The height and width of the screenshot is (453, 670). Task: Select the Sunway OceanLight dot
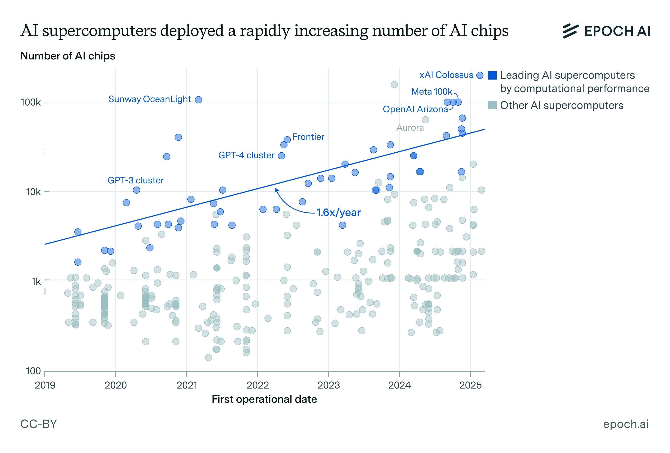tap(198, 100)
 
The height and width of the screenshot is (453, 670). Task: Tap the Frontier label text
tap(308, 137)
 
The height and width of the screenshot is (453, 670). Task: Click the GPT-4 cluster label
tap(246, 155)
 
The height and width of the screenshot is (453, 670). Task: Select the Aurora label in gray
tap(410, 128)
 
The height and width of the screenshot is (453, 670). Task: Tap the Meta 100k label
tap(432, 92)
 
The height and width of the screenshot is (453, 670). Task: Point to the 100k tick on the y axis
tap(31, 103)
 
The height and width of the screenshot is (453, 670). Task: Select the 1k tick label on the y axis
tap(36, 281)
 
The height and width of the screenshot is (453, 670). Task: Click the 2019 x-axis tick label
tap(45, 385)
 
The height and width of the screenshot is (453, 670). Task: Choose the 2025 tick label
tap(470, 385)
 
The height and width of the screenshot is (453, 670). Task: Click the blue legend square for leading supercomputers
tap(492, 76)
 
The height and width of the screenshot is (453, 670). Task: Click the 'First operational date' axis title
tap(264, 399)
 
